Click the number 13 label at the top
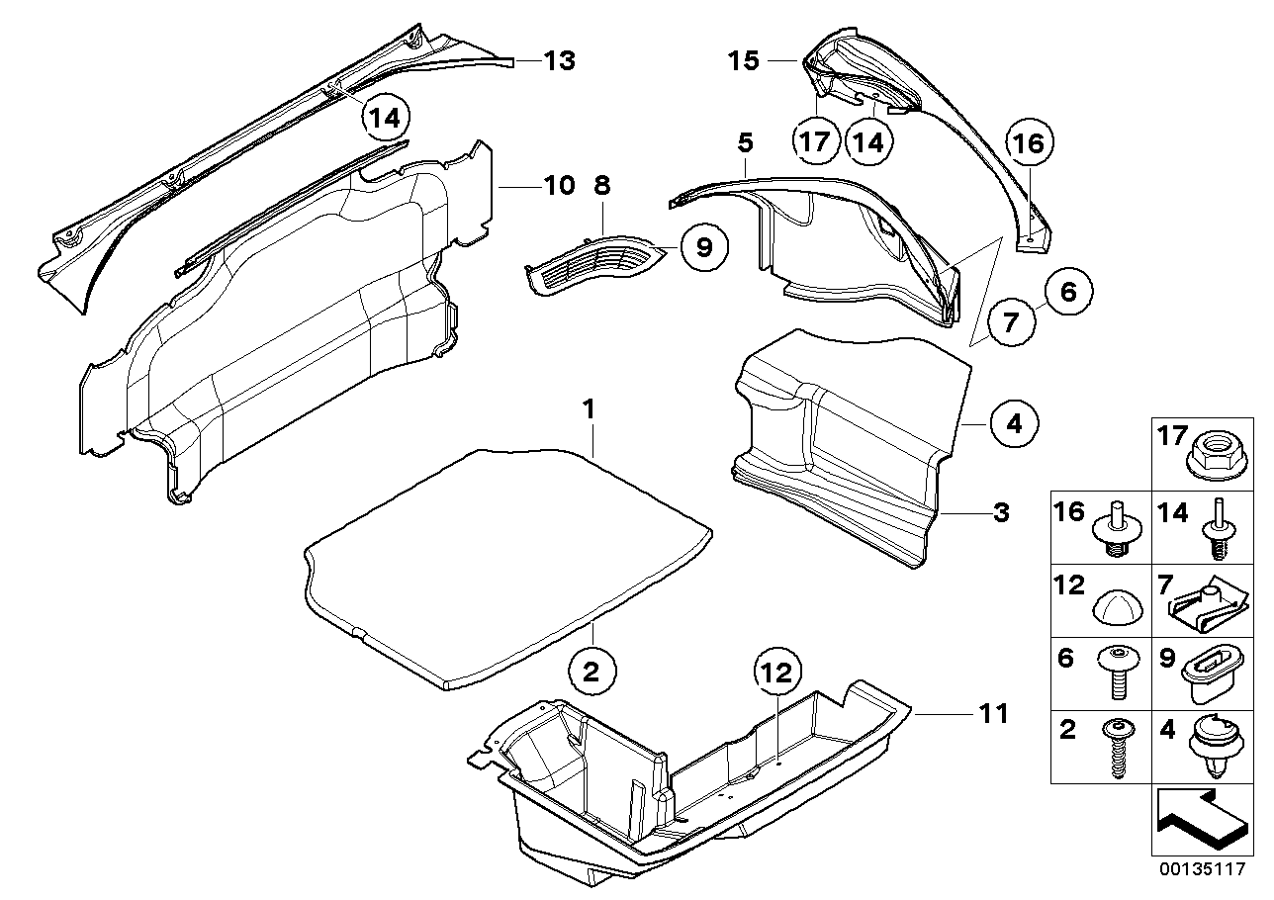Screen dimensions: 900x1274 (x=559, y=61)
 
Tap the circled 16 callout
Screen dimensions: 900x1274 (x=1029, y=143)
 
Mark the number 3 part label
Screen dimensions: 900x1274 (x=1001, y=513)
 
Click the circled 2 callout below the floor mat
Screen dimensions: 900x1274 (x=591, y=673)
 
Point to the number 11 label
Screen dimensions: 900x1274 (x=993, y=712)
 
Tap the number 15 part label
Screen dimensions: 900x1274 (x=744, y=61)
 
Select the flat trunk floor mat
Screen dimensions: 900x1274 (x=504, y=564)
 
